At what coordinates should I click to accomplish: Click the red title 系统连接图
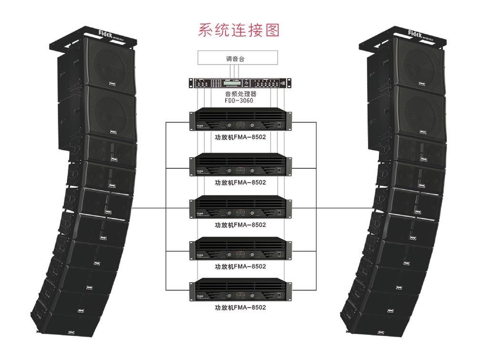point(238,30)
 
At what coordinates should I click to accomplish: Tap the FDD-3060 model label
point(238,101)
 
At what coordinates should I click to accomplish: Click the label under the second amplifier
point(240,182)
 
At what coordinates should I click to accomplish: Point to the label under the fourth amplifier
point(240,267)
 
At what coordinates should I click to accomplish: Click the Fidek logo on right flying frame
point(419,32)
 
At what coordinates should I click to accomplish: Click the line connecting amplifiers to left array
point(148,208)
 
